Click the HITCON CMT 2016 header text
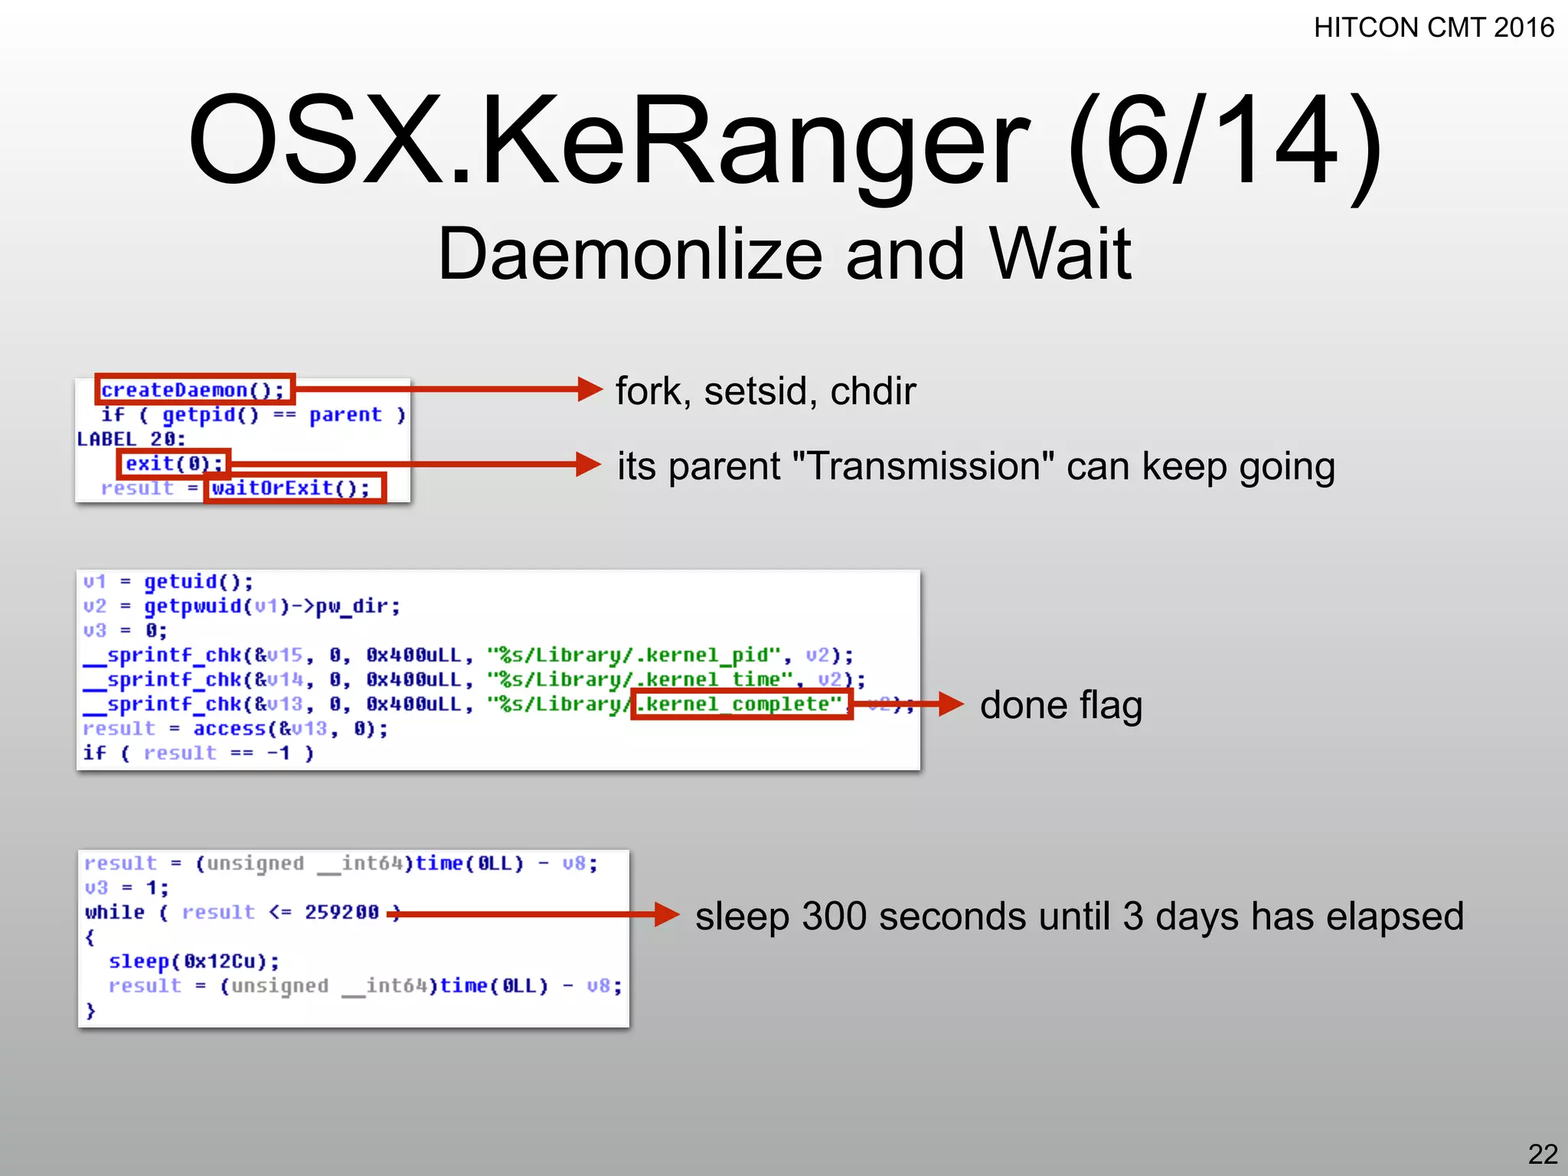(1433, 28)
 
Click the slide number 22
(1543, 1154)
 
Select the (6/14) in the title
(1225, 142)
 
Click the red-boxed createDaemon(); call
(194, 390)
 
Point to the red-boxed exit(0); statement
(174, 463)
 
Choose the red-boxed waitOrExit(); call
(294, 488)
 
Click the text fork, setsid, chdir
(766, 391)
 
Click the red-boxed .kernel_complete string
(741, 704)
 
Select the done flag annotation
(1060, 705)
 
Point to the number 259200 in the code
(341, 912)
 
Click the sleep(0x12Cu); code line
(194, 961)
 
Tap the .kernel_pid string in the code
(704, 655)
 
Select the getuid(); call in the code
(198, 581)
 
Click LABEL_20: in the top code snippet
(131, 439)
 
